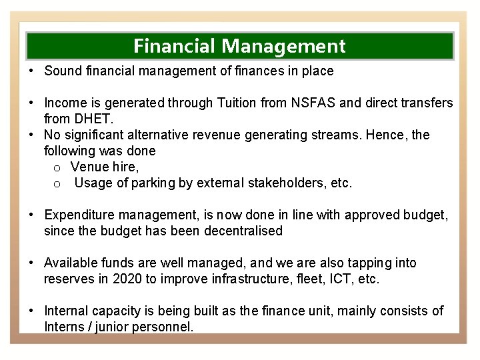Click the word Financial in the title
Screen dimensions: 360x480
click(x=175, y=46)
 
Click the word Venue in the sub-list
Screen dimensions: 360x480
click(x=90, y=167)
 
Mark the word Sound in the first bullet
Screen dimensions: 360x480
click(x=63, y=70)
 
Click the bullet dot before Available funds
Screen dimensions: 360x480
click(x=31, y=263)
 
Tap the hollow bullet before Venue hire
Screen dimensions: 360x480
click(x=58, y=167)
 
